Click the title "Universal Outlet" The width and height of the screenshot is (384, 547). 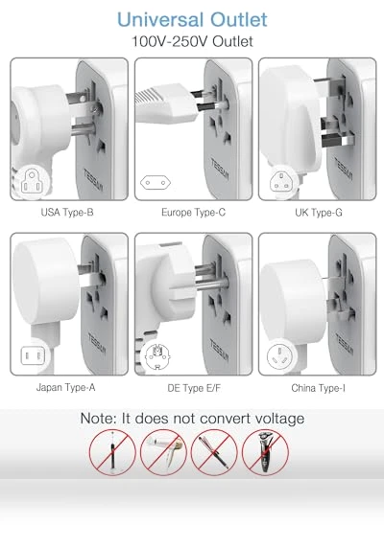coord(192,19)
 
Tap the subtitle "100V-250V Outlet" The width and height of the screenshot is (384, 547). coord(192,41)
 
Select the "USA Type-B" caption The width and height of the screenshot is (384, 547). coord(67,213)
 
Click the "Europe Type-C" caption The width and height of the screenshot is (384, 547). coord(193,213)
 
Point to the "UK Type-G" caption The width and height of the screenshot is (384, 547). coord(319,213)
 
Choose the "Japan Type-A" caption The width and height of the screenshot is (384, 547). coord(65,388)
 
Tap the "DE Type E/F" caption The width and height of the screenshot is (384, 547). coord(194,388)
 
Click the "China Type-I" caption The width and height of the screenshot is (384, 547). coord(319,388)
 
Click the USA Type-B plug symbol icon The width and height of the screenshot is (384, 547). coord(32,182)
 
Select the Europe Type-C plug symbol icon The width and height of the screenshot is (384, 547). coord(156,182)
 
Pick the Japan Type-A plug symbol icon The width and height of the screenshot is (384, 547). coord(34,355)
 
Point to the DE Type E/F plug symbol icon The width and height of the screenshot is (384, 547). coord(157,356)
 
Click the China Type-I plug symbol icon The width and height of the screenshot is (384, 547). coord(279,357)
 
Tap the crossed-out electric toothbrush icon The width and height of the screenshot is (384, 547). coord(112,452)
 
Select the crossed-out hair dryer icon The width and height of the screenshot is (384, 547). coord(163,452)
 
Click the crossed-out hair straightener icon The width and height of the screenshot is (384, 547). coord(214,452)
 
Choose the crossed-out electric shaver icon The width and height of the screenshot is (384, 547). coord(266,452)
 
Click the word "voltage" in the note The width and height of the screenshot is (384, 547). coord(279,419)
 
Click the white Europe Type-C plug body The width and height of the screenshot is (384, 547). coord(168,104)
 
